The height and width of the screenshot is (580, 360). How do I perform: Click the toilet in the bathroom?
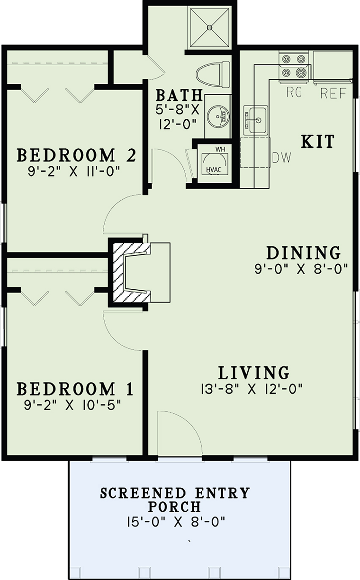click(213, 75)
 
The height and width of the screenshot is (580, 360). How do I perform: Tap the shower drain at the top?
click(209, 26)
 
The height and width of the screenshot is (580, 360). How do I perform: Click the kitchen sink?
click(256, 120)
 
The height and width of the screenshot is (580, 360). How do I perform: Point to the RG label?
click(294, 92)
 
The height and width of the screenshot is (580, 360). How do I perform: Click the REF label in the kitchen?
click(333, 93)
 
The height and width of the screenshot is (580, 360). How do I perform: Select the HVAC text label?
click(214, 170)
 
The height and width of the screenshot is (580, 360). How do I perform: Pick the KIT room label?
click(318, 142)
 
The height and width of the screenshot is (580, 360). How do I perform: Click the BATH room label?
click(179, 95)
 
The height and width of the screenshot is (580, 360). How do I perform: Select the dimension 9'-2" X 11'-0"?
click(74, 171)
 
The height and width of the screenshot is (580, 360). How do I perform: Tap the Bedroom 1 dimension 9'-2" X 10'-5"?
click(73, 405)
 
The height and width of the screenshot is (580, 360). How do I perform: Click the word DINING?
click(304, 253)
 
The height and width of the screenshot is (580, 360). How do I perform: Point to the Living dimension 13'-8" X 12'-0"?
click(252, 389)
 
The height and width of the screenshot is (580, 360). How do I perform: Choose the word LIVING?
click(254, 373)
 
